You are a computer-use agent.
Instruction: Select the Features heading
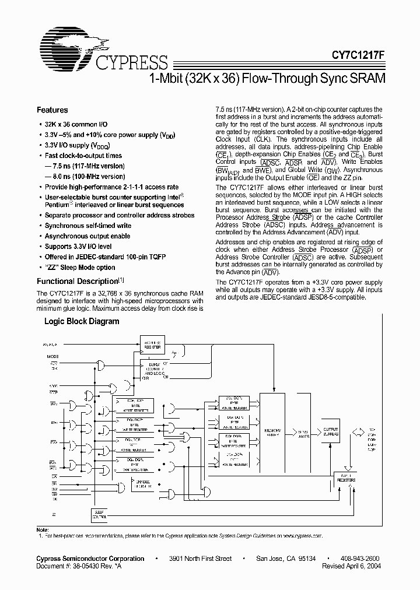pyautogui.click(x=52, y=110)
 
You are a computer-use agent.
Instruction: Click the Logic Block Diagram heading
pyautogui.click(x=82, y=321)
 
